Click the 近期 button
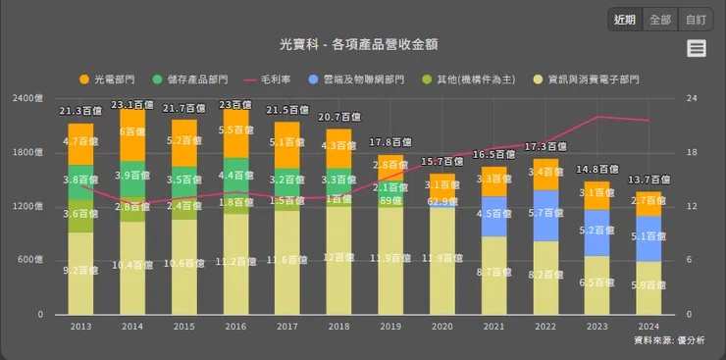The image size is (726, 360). point(625,20)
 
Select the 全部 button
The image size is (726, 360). point(660,20)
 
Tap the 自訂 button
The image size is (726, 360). point(695,20)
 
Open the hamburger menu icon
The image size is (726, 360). point(697,49)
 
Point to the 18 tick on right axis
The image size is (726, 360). point(692,152)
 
